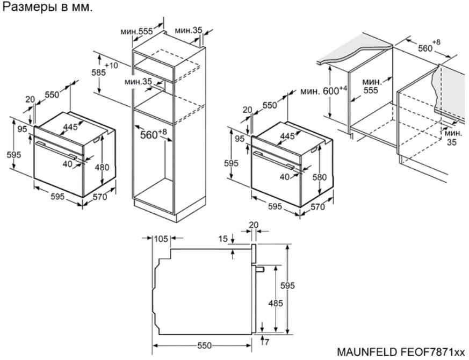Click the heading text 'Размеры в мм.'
point(48,8)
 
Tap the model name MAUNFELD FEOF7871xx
point(401,352)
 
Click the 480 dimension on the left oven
point(102,167)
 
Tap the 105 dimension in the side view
point(161,239)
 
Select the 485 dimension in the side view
point(275,304)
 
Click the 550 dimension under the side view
point(204,346)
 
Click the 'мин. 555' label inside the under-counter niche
point(371,86)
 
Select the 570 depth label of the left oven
point(100,197)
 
